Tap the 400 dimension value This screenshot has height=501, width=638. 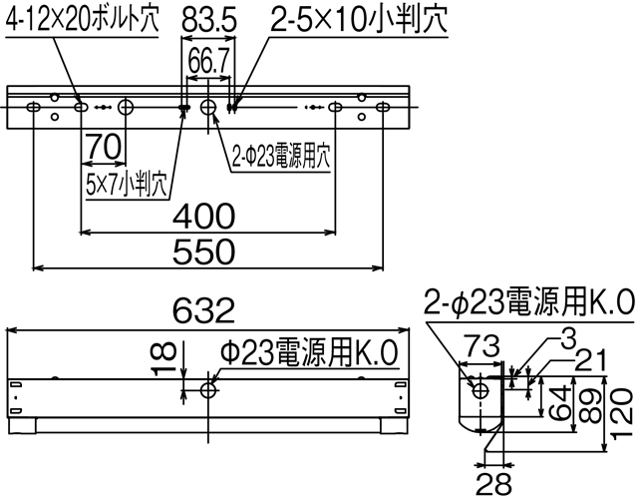click(x=207, y=216)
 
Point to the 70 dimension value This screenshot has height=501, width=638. click(x=104, y=147)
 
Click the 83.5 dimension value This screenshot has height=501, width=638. click(x=206, y=20)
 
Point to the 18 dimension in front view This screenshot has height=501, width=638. click(x=168, y=355)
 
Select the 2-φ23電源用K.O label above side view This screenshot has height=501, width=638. click(x=529, y=301)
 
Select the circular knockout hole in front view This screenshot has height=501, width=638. click(x=208, y=389)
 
